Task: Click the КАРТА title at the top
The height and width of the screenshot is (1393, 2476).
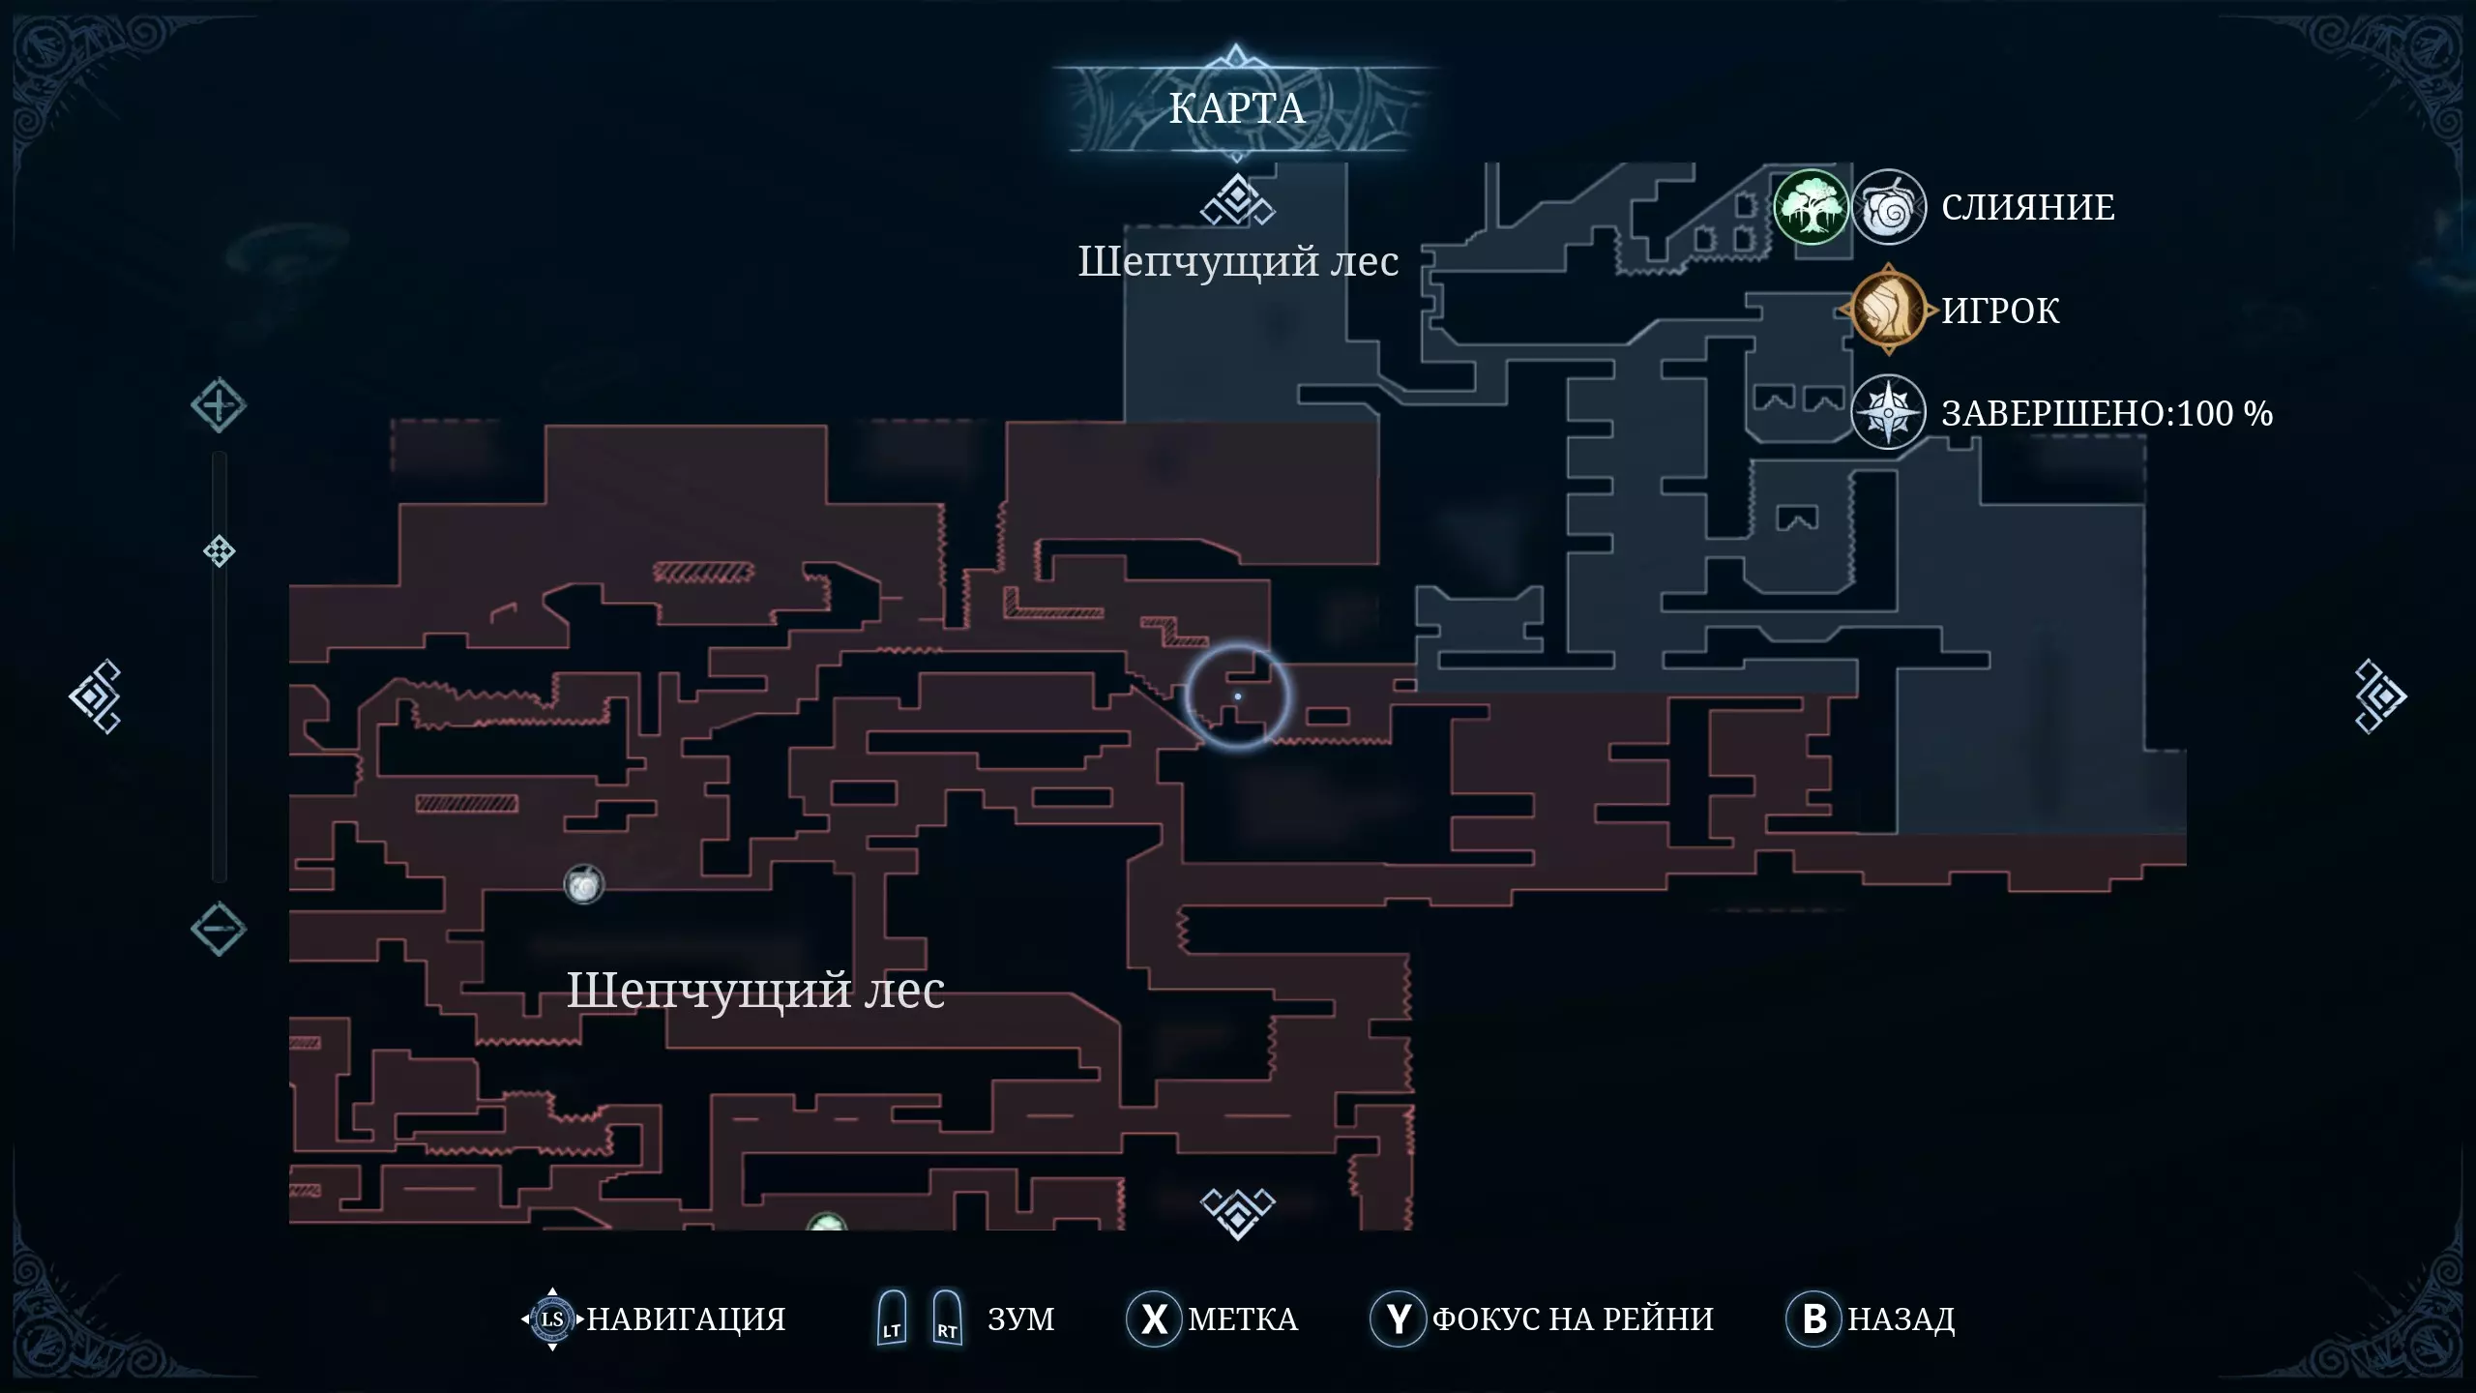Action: [x=1236, y=108]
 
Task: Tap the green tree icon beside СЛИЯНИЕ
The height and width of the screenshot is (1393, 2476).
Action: [x=1811, y=207]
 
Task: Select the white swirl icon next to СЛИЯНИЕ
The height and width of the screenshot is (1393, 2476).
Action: [x=1888, y=207]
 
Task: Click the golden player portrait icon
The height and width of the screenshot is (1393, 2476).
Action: [x=1888, y=310]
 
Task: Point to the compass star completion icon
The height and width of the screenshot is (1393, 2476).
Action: [x=1888, y=413]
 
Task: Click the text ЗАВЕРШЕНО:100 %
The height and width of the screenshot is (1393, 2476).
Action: [x=2108, y=413]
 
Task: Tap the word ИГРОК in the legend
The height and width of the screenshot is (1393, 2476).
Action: [x=2001, y=311]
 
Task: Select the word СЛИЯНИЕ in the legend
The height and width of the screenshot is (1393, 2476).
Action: [x=2028, y=207]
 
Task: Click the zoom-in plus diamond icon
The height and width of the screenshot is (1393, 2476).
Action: [x=218, y=405]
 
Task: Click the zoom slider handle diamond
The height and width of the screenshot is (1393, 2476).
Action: [x=220, y=551]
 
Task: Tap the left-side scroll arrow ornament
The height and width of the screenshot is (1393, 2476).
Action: [x=95, y=696]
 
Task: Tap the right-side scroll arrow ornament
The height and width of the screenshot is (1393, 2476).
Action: [x=2380, y=696]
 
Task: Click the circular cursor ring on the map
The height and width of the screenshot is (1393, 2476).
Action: [x=1238, y=696]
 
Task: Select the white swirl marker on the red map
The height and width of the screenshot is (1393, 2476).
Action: [x=584, y=884]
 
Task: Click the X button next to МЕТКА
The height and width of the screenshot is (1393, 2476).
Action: [x=1154, y=1319]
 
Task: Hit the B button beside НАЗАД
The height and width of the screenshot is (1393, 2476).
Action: [x=1814, y=1319]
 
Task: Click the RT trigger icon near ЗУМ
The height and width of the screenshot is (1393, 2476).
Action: [x=947, y=1318]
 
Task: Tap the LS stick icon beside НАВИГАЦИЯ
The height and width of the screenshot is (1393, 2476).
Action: [x=552, y=1319]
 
